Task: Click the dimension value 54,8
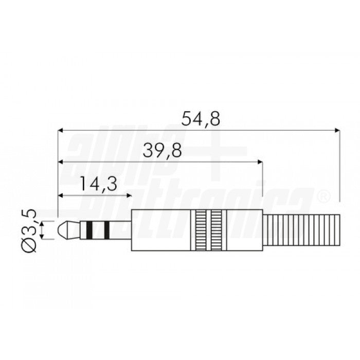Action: pyautogui.click(x=201, y=119)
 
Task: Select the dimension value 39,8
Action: pyautogui.click(x=162, y=151)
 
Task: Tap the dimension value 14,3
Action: pyautogui.click(x=98, y=184)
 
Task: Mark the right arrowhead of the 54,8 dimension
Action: pyautogui.click(x=337, y=131)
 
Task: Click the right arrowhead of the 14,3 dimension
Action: pyautogui.click(x=128, y=195)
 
